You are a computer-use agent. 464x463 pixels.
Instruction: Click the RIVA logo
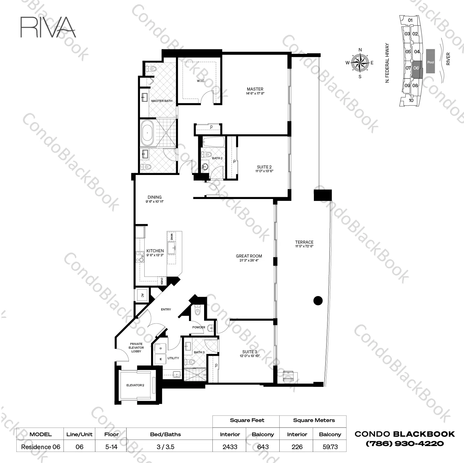point(48,27)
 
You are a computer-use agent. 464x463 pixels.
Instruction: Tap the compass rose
point(360,63)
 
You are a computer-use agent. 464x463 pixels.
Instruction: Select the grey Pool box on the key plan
point(430,61)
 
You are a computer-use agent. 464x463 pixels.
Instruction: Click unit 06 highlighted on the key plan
point(416,68)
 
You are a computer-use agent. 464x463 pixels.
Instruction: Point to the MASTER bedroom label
point(255,89)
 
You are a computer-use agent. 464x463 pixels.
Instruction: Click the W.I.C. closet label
point(201,81)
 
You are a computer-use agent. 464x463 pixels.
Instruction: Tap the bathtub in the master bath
point(147,133)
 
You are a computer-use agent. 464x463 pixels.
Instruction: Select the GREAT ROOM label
point(249,256)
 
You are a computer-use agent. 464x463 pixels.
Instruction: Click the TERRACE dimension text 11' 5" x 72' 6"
point(304,246)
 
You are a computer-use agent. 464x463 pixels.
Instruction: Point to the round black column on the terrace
point(318,300)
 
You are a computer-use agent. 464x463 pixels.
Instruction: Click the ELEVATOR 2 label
point(135,385)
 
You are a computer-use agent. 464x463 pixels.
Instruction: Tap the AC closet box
point(142,295)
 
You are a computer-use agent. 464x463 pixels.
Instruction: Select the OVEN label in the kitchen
point(162,281)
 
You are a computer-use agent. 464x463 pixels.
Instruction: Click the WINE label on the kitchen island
point(171,237)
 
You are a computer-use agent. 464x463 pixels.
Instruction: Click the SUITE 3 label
point(250,351)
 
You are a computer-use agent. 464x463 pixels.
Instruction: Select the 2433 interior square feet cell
point(230,447)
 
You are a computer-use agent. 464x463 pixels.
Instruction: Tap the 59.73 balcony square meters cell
point(330,447)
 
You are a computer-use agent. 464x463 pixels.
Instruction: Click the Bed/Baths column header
point(166,434)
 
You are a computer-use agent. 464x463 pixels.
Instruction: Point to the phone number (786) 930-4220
point(405,444)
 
